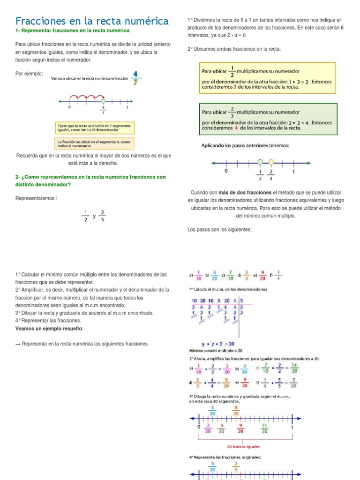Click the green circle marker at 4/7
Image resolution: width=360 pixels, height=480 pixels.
pyautogui.click(x=103, y=101)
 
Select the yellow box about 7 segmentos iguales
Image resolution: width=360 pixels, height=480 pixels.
pyautogui.click(x=94, y=128)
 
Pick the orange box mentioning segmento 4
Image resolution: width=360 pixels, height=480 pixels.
pyautogui.click(x=94, y=143)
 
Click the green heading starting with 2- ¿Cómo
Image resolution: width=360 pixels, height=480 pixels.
pyautogui.click(x=90, y=180)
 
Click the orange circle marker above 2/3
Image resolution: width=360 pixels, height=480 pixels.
pyautogui.click(x=271, y=162)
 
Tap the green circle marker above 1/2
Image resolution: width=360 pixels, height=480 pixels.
pyautogui.click(x=260, y=162)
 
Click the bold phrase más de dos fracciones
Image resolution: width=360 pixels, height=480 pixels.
pyautogui.click(x=239, y=193)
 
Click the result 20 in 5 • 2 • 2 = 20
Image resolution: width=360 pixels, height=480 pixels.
pyautogui.click(x=231, y=344)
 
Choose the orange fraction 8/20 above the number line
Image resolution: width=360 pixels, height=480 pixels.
pyautogui.click(x=236, y=410)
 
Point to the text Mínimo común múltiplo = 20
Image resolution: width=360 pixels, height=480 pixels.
pyautogui.click(x=216, y=351)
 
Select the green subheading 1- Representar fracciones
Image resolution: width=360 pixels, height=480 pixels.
pyautogui.click(x=72, y=30)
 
